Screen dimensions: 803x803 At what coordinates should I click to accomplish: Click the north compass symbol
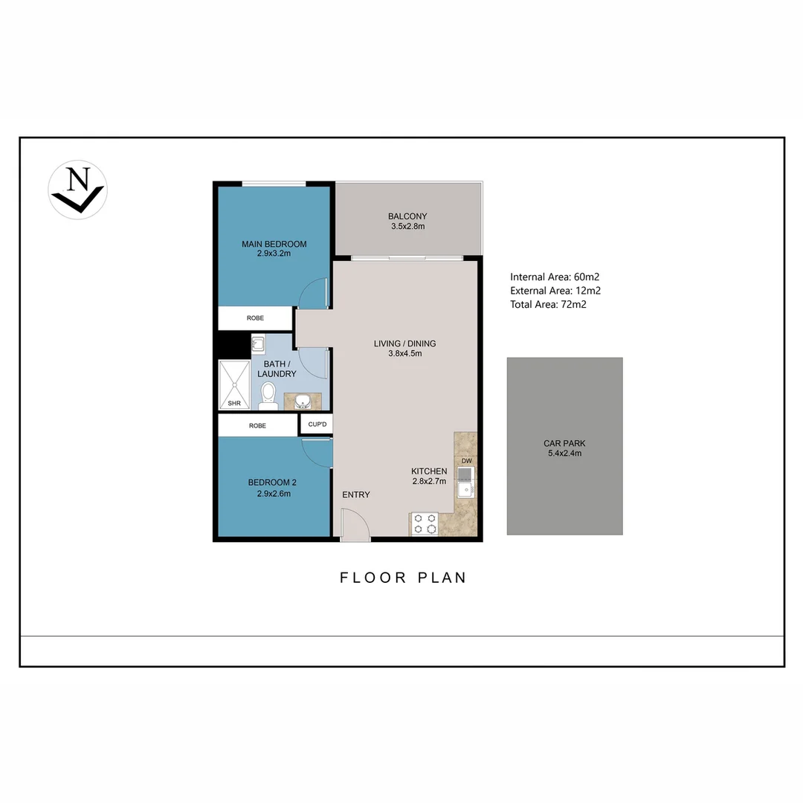click(x=77, y=190)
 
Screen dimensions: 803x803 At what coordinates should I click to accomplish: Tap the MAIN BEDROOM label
click(x=274, y=248)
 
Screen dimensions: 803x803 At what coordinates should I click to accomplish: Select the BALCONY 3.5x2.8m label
click(x=407, y=221)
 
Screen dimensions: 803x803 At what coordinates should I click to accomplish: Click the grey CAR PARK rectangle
click(x=564, y=446)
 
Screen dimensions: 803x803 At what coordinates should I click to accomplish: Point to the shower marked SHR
click(x=235, y=384)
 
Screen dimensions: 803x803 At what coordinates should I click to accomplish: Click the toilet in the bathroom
click(x=268, y=396)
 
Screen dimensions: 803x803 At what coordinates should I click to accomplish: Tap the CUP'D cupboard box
click(x=317, y=425)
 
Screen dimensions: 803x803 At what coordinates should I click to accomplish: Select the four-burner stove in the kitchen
click(x=425, y=523)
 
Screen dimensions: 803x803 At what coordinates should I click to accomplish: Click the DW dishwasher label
click(x=466, y=461)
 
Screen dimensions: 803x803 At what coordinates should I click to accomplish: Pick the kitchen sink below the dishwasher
click(x=466, y=483)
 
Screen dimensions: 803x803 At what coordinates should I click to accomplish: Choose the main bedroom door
click(x=313, y=292)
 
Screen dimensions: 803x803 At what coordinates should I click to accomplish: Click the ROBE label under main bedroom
click(x=255, y=318)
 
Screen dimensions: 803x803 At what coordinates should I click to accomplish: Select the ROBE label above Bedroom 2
click(x=257, y=426)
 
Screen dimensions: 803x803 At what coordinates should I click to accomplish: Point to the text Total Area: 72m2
click(x=548, y=304)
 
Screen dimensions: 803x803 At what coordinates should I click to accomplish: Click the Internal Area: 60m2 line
click(x=555, y=277)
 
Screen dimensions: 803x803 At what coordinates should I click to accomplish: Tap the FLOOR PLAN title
click(x=403, y=578)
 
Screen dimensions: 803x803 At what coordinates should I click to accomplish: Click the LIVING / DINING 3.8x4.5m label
click(x=404, y=348)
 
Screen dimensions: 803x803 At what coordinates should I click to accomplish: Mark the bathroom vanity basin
click(x=303, y=402)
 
